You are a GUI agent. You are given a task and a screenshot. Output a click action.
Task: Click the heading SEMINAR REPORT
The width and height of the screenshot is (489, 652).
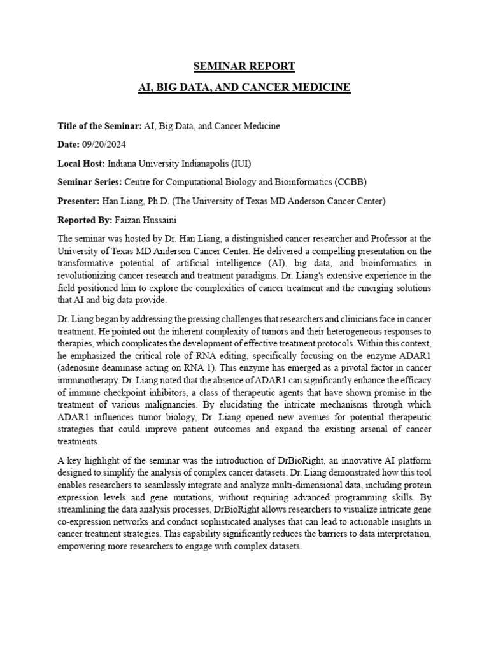244,66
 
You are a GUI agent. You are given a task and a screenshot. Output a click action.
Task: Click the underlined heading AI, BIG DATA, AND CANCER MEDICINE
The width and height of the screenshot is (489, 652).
244,87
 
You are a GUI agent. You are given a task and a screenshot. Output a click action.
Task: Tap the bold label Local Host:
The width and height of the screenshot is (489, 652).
81,164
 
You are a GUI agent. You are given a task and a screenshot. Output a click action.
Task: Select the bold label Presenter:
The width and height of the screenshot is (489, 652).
78,201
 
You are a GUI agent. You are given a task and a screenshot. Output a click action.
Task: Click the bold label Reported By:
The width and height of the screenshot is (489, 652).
85,220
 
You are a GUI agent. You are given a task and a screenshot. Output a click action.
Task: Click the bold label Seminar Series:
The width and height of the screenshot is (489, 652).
90,183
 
